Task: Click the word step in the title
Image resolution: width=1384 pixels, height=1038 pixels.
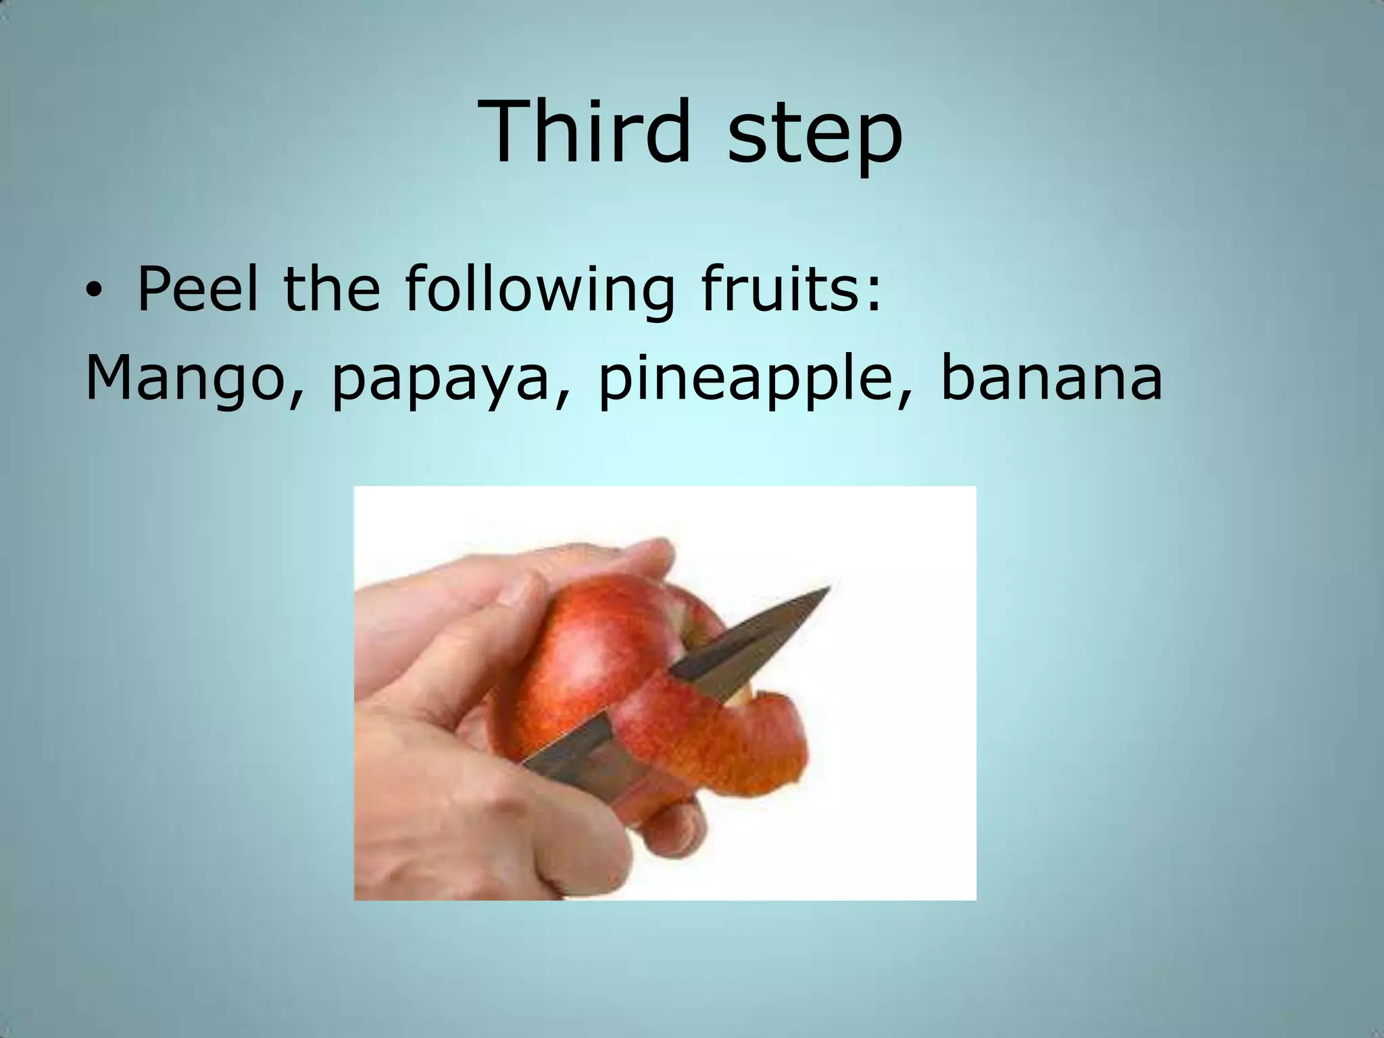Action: coord(815,135)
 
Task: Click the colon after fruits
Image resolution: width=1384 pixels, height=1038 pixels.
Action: coord(874,297)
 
